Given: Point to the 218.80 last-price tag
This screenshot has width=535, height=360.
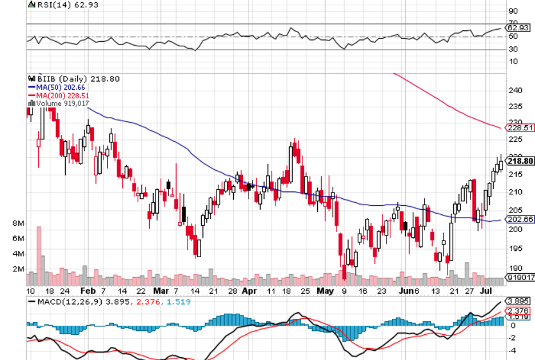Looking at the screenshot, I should click(x=520, y=162).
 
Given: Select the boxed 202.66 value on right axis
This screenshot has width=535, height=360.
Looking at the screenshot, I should click(x=520, y=219).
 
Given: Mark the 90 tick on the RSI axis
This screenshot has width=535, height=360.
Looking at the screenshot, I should click(x=513, y=11).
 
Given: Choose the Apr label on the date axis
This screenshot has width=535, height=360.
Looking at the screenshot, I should click(x=249, y=290).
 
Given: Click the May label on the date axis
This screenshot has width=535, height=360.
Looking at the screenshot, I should click(x=325, y=290).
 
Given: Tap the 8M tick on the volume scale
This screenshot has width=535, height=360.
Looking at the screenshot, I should click(x=18, y=223).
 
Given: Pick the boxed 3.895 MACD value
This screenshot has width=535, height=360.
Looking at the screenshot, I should click(x=520, y=301).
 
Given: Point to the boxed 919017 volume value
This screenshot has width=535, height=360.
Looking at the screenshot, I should click(x=520, y=278).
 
